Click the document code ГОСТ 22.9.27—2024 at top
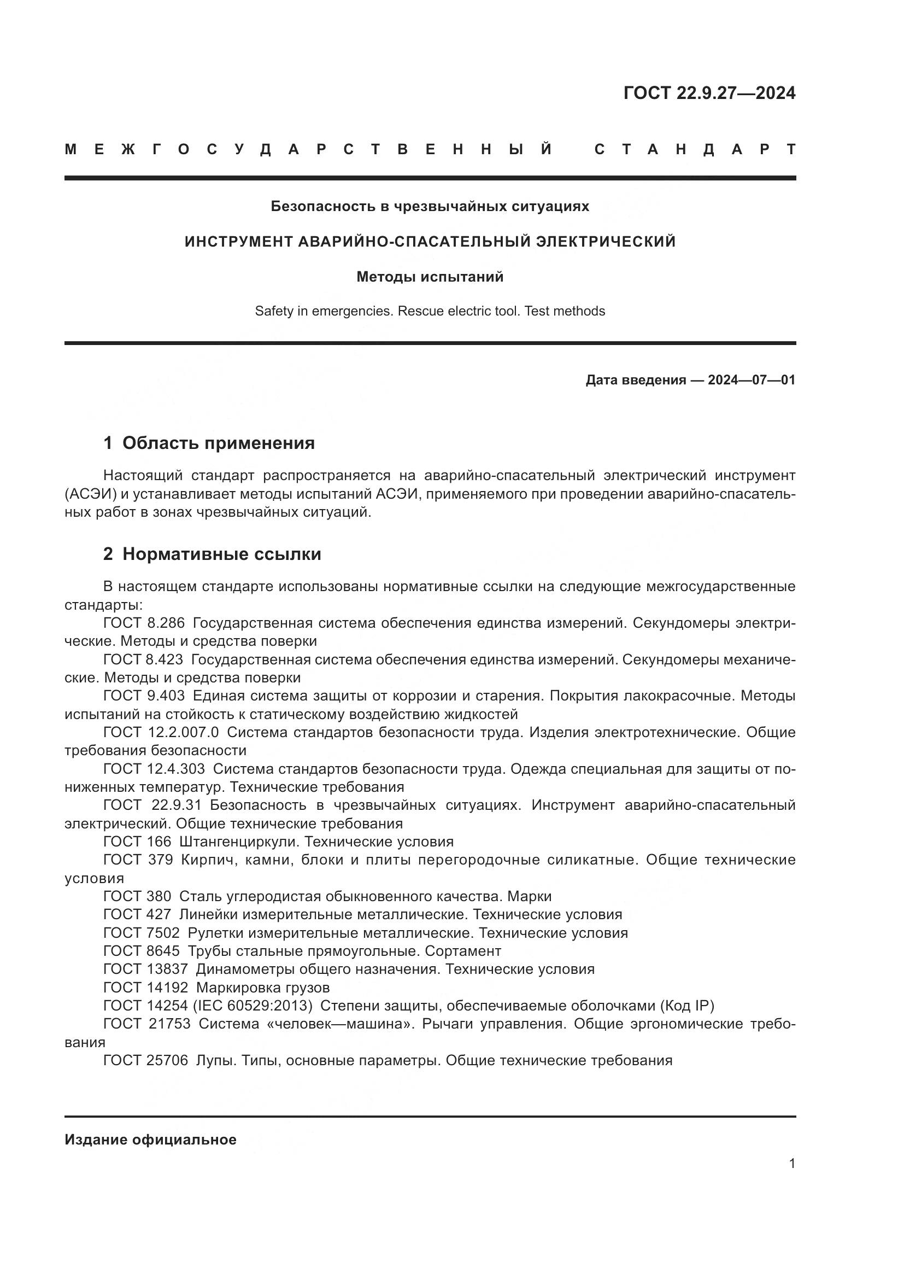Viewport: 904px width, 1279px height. point(709,93)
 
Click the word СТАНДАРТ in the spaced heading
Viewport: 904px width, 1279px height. point(695,149)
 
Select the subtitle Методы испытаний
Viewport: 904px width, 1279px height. point(430,277)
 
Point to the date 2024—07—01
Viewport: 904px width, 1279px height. point(752,380)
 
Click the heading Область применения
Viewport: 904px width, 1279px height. point(218,443)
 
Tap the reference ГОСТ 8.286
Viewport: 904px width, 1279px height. point(144,623)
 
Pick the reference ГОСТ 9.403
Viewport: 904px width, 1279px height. point(144,696)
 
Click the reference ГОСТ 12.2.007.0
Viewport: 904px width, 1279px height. point(161,732)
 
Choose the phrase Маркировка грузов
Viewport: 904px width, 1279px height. point(263,988)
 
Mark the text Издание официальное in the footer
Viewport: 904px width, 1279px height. point(150,1140)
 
